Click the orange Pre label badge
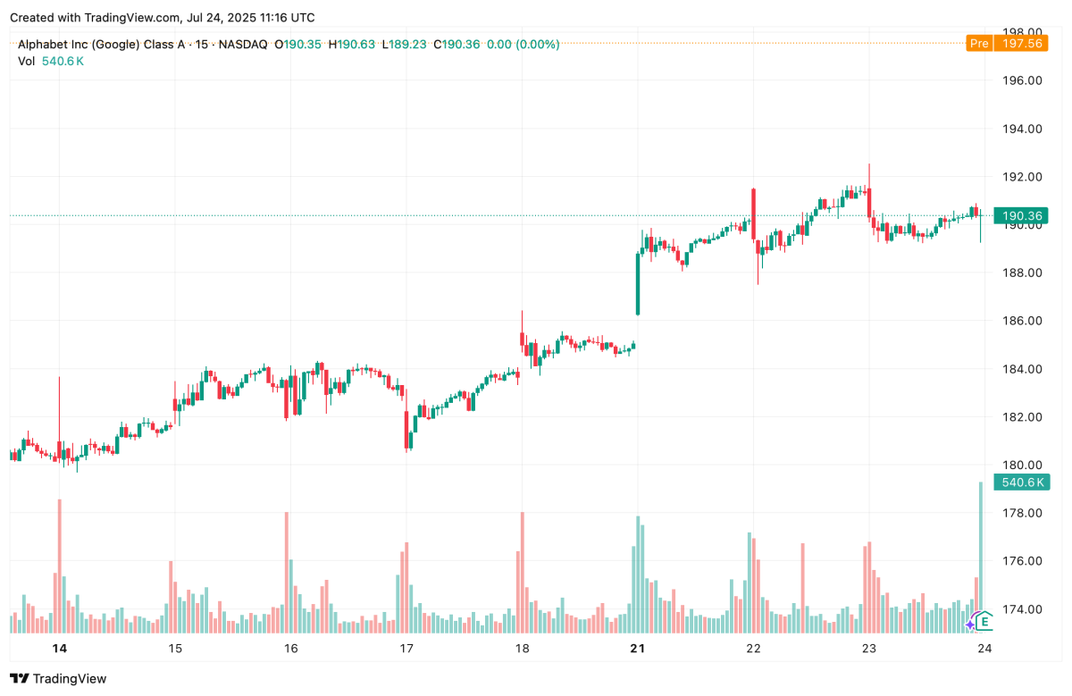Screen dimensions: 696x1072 979,43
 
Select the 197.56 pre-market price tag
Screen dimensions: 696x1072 1023,43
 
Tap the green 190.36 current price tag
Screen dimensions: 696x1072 1023,215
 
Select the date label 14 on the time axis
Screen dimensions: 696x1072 59,649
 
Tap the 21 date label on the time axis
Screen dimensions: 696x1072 638,649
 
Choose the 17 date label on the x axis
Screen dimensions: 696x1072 406,649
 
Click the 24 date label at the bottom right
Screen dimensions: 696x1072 983,649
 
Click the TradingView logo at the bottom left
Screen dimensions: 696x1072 58,679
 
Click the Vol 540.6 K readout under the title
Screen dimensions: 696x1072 51,61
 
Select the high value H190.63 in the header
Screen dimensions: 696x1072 350,44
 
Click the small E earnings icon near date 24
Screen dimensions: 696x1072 984,621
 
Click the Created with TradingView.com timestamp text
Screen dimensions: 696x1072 162,18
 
